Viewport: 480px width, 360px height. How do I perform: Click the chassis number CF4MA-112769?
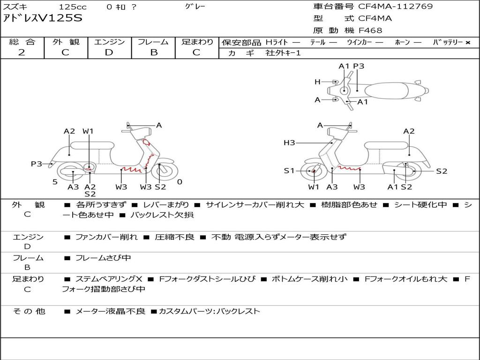396,7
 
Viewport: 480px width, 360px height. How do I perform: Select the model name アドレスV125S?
43,18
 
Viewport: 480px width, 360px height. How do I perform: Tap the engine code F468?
370,30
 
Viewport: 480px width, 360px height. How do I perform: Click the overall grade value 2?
22,52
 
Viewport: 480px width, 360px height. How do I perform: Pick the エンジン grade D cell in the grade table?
109,52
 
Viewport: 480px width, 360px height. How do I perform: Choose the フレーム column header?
153,42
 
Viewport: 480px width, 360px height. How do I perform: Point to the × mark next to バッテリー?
468,43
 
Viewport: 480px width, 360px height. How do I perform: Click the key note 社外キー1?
283,53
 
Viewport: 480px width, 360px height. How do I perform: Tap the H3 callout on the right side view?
289,142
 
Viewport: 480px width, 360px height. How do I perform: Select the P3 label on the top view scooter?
359,66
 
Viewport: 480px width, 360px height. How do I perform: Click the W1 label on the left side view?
88,131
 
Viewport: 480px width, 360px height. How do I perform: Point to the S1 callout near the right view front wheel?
289,171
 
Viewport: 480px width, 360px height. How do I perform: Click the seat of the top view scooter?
386,91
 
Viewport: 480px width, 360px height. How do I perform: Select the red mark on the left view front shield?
147,142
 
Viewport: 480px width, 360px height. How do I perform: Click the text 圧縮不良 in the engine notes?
174,237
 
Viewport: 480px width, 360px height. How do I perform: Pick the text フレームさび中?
103,258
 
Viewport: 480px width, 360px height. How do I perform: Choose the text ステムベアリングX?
109,279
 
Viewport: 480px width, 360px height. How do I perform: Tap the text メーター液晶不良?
110,312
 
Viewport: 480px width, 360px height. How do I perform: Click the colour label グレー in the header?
195,6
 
